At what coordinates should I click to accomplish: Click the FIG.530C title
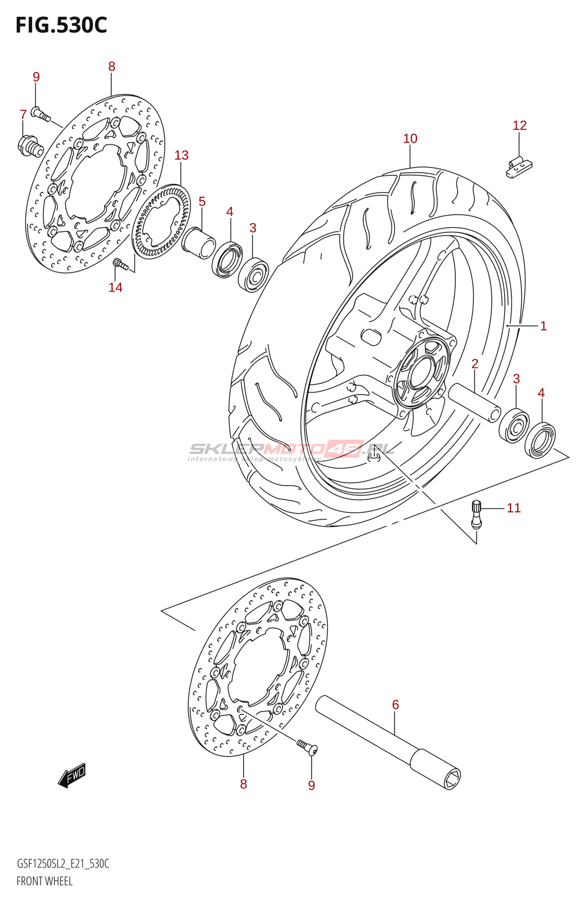point(61,25)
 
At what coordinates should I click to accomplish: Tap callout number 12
point(520,126)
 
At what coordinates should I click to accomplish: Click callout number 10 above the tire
point(410,139)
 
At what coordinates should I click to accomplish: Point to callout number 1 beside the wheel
point(543,326)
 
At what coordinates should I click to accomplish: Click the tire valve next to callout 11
point(476,514)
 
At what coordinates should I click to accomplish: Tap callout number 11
point(514,508)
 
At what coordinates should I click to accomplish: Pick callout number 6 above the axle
point(396,705)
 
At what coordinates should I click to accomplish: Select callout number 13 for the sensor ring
point(181,156)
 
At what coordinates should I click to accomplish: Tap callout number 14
point(116,288)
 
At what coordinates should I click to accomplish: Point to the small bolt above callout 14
point(118,262)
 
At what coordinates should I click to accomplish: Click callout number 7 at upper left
point(23,114)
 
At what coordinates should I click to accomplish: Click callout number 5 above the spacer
point(202,202)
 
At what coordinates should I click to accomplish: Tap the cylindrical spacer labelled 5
point(198,242)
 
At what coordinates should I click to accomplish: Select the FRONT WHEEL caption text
point(45,881)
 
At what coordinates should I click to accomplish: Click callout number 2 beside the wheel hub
point(475,364)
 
